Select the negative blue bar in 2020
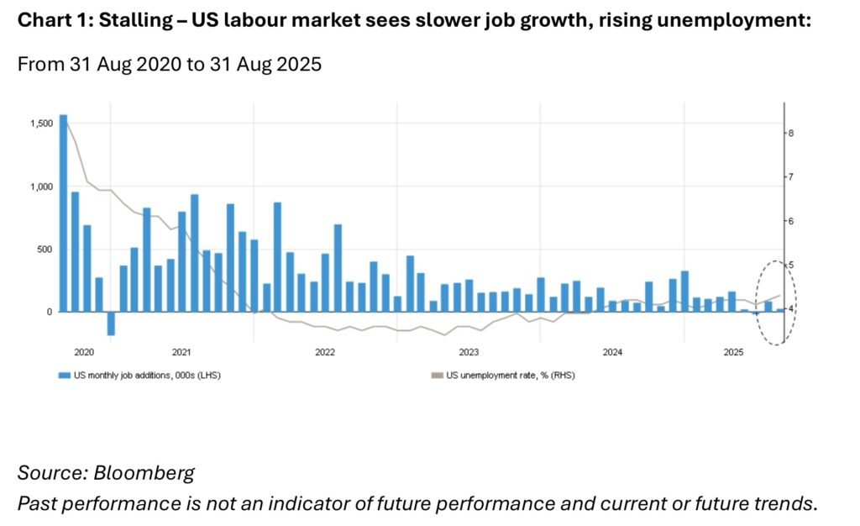click(110, 323)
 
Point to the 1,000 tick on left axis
click(40, 187)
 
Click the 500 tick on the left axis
click(44, 250)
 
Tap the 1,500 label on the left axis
click(40, 124)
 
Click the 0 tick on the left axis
click(50, 312)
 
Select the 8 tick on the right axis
click(791, 134)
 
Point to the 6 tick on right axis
click(791, 221)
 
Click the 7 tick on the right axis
click(791, 177)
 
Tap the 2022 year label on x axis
click(325, 353)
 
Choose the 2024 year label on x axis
click(612, 353)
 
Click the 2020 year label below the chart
click(84, 353)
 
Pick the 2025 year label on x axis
click(732, 353)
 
